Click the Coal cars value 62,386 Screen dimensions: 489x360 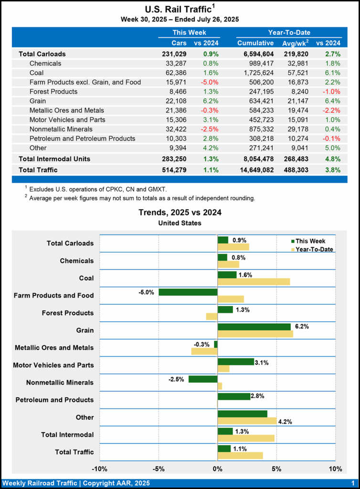[175, 73]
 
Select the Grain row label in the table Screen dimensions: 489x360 [39, 101]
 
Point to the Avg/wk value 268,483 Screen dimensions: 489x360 [298, 159]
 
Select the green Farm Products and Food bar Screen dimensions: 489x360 [188, 292]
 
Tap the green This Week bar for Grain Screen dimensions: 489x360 [254, 327]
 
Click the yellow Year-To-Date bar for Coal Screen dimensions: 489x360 [254, 282]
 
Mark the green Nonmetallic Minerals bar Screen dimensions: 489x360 [203, 379]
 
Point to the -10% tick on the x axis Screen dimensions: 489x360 [99, 468]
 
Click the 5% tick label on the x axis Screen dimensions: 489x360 [276, 468]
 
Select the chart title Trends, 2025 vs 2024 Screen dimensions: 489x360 [180, 213]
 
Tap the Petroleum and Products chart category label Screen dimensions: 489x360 [54, 400]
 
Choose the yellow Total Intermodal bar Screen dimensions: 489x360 [246, 438]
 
